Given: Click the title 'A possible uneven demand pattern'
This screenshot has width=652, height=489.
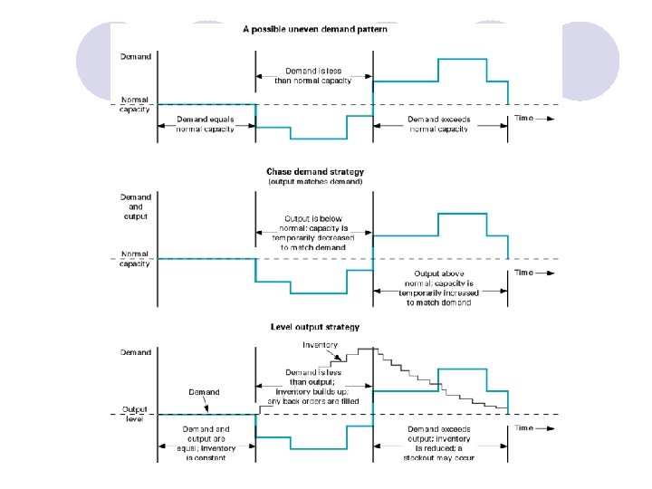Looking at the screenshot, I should (x=314, y=29).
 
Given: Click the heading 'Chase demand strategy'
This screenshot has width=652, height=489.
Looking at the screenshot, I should (x=314, y=171).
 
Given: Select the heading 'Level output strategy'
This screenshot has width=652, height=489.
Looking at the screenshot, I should (x=314, y=327).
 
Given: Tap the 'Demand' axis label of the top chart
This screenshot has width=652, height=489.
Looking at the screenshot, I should (x=136, y=56).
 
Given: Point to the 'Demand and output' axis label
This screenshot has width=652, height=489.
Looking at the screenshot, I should (x=136, y=206).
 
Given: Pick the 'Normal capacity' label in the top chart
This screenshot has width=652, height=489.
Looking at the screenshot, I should (x=136, y=105).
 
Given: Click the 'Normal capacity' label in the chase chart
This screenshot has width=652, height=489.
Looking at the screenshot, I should (x=136, y=259).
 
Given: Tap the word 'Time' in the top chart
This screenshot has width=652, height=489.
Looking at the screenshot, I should (x=524, y=119).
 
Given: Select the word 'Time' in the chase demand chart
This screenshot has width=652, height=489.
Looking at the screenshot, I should (x=524, y=272).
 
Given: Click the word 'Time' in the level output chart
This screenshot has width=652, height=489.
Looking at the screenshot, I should (x=524, y=427).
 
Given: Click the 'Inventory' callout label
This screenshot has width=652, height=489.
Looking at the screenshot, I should (x=319, y=345).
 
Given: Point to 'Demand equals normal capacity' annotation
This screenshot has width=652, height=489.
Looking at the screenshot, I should (x=206, y=124).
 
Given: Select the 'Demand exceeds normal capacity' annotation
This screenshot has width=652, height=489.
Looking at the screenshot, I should (x=438, y=124).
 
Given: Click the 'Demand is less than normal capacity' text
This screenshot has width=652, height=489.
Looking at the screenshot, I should (x=313, y=75).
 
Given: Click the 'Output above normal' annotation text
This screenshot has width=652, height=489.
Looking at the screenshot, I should (x=439, y=288).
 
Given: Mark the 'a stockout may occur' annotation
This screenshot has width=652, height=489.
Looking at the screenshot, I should (x=439, y=457).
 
